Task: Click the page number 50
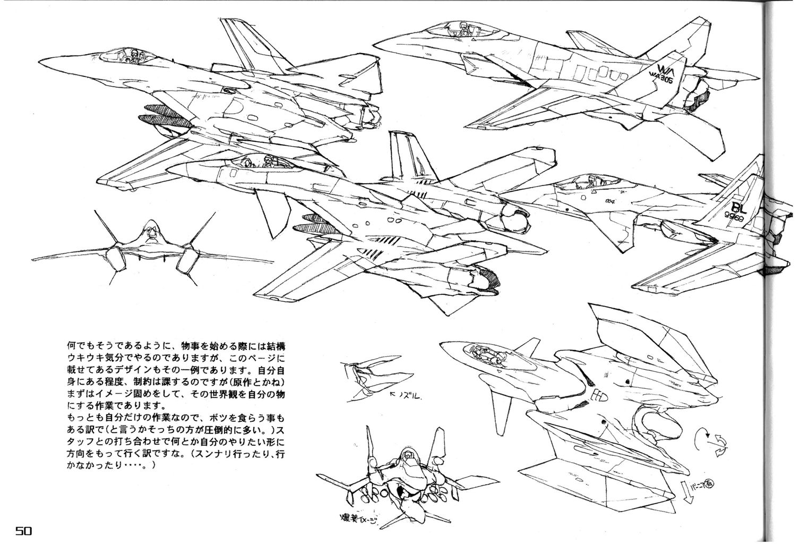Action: pyautogui.click(x=24, y=530)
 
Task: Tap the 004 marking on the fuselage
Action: pyautogui.click(x=609, y=201)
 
